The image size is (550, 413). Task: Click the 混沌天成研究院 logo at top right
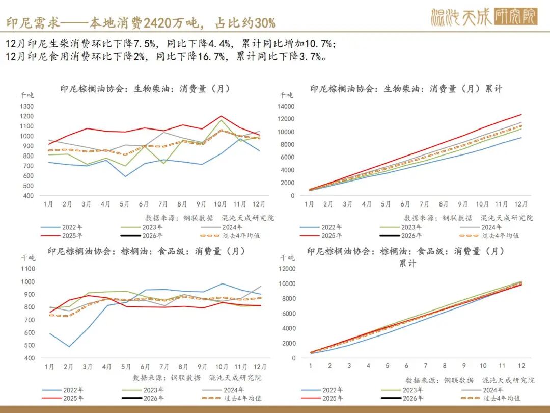click(x=483, y=17)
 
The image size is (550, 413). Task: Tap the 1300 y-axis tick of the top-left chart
click(x=27, y=107)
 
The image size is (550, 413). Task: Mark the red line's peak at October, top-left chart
click(x=221, y=116)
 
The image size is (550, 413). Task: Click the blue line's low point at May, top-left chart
click(x=125, y=176)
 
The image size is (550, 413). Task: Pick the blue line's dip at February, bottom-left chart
click(x=68, y=347)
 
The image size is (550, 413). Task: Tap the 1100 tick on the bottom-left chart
click(x=28, y=269)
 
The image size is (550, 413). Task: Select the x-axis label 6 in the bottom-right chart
click(x=406, y=366)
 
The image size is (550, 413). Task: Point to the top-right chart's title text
click(x=406, y=89)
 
